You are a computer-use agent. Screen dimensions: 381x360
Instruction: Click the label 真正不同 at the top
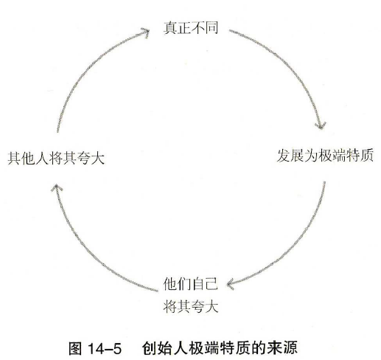point(191,27)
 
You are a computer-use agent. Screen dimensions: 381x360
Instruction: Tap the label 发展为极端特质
point(325,156)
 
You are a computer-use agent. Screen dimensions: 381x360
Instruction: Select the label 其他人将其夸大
point(56,158)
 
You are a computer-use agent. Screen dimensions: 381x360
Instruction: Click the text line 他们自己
point(191,284)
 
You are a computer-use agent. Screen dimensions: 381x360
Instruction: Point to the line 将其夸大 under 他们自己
point(191,306)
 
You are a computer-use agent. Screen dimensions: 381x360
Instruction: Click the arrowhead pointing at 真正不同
point(145,32)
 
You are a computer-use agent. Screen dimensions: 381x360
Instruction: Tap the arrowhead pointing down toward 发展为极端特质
point(321,125)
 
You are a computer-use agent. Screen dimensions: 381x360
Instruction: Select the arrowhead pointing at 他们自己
point(231,284)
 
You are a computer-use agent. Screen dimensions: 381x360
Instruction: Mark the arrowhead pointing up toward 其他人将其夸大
point(56,188)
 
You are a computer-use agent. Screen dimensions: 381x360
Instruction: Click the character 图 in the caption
point(75,348)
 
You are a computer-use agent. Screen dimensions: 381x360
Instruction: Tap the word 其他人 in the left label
point(28,158)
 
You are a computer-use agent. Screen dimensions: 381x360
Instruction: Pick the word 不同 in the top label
point(204,27)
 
